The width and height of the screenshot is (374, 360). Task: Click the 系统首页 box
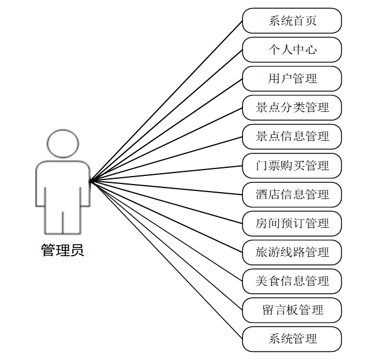click(x=292, y=21)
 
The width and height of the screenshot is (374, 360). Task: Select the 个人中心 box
click(x=292, y=50)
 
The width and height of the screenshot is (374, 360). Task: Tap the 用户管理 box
click(x=292, y=78)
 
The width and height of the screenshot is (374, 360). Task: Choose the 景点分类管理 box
click(x=292, y=107)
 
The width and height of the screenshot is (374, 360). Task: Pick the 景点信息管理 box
click(x=292, y=136)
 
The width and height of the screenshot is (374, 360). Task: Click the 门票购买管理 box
click(x=292, y=166)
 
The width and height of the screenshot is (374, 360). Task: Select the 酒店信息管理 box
click(x=292, y=194)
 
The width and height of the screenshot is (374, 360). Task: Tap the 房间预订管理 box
click(x=292, y=223)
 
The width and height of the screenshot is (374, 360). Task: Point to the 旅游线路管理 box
click(x=292, y=252)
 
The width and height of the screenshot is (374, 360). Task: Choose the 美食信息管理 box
click(x=292, y=281)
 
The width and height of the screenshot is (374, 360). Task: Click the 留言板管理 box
click(x=292, y=310)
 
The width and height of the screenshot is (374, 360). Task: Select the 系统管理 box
click(x=292, y=339)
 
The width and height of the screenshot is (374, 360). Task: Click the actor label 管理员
click(x=62, y=250)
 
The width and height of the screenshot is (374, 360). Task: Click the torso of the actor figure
click(x=62, y=185)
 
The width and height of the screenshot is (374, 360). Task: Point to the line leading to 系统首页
click(x=166, y=101)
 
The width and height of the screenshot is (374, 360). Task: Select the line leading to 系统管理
click(x=166, y=260)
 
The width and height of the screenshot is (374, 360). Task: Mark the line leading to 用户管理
click(x=166, y=130)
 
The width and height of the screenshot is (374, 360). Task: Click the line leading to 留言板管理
click(x=166, y=245)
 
